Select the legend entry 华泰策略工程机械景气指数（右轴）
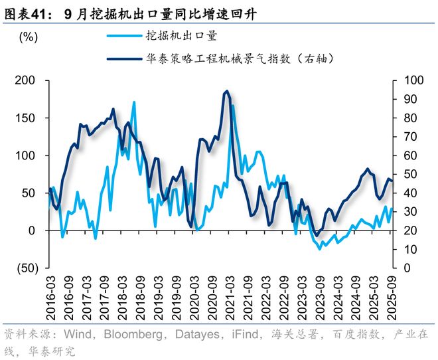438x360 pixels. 238,59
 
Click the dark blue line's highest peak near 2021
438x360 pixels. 226,91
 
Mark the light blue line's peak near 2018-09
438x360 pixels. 134,102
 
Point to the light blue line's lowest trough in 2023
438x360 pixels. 321,248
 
